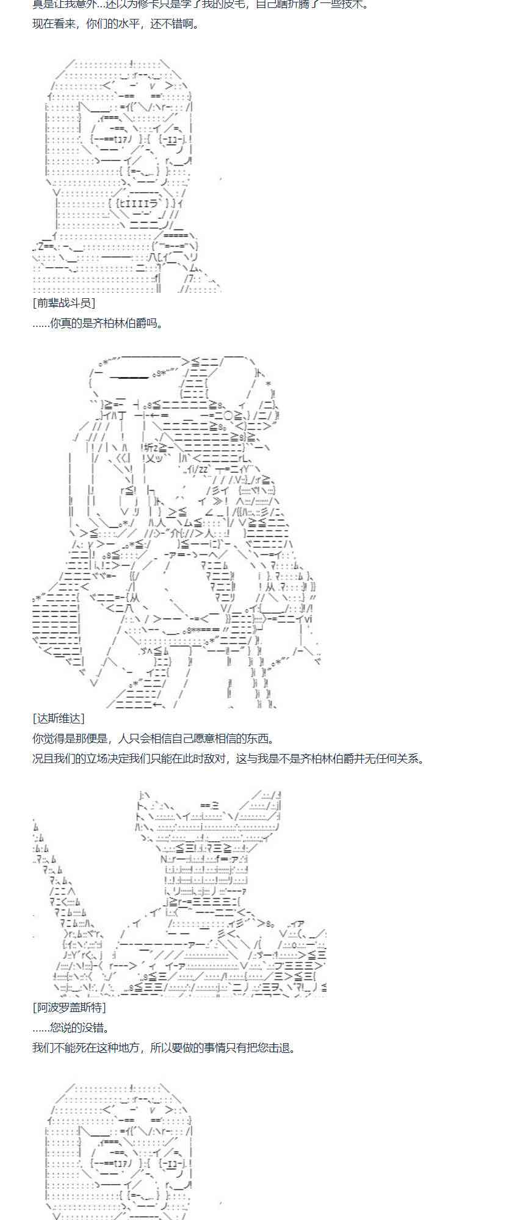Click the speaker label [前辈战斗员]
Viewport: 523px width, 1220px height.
pos(63,303)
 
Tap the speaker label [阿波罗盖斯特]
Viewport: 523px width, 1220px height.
pos(69,1007)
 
